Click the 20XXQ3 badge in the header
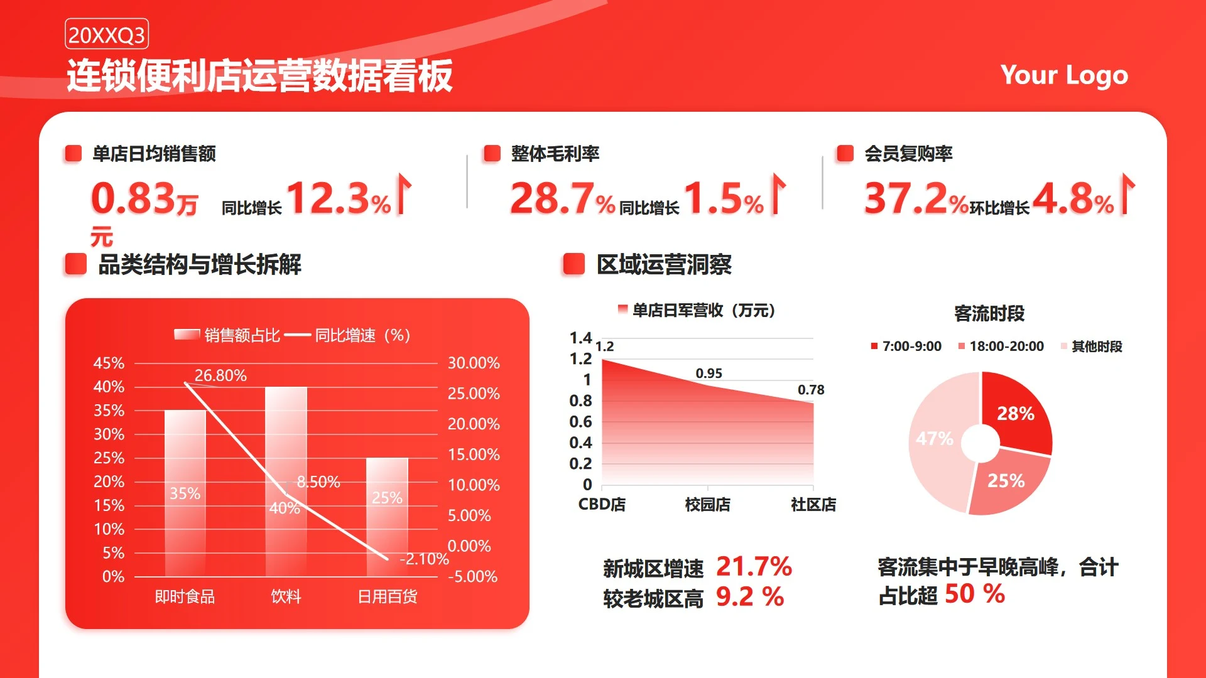point(107,35)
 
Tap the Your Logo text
point(1064,75)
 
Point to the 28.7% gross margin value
point(562,198)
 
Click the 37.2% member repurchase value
point(916,198)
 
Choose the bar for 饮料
point(286,482)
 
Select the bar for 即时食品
point(185,493)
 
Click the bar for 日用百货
point(387,517)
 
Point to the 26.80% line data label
point(220,375)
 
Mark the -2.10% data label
point(424,559)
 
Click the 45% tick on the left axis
point(109,363)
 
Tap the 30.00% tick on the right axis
point(474,363)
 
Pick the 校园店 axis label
point(708,504)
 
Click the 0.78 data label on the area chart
point(811,390)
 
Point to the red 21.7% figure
point(754,566)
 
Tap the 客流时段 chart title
point(989,313)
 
